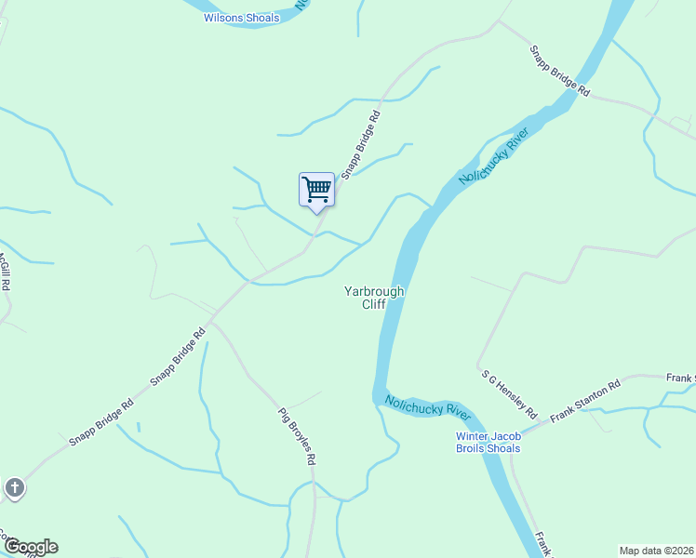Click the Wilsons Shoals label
coord(241,18)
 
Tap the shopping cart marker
coord(316,190)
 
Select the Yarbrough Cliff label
coord(374,298)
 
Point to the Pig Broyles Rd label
coord(298,436)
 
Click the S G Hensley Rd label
coord(510,393)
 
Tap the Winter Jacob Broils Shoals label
coord(488,443)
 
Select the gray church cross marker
coord(15,487)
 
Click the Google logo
coord(31,547)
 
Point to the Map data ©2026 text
coord(657,551)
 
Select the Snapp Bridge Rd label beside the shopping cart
coord(361,145)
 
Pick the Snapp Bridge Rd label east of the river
coord(560,72)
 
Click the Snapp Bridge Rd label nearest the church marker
coord(101,423)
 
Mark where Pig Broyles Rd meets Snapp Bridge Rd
coord(211,322)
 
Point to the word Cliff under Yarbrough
coord(374,304)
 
